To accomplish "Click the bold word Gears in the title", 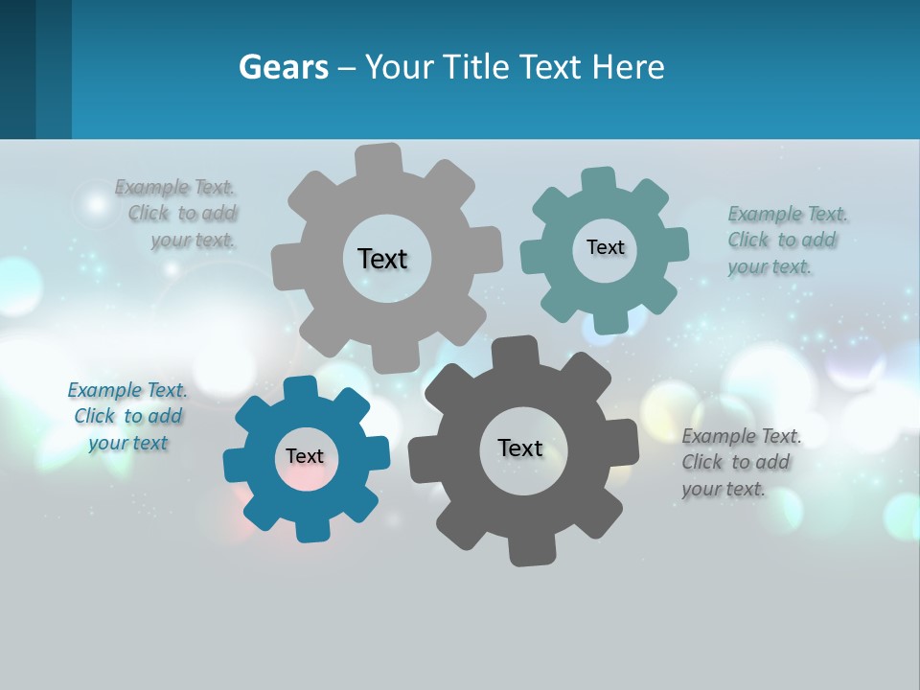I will [x=283, y=67].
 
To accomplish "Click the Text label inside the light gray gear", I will [x=382, y=259].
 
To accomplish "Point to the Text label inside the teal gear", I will [x=605, y=247].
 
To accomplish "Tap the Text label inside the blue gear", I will [x=305, y=456].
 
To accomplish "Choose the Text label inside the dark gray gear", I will [x=520, y=448].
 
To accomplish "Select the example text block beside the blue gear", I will [x=127, y=416].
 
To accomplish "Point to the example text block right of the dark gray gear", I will [x=740, y=462].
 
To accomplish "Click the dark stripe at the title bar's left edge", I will [x=18, y=69].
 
